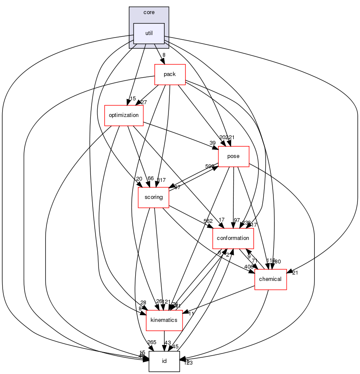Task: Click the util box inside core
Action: click(149, 33)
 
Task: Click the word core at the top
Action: click(149, 12)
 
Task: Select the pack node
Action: click(169, 74)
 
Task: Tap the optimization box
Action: click(124, 115)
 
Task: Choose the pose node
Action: click(233, 156)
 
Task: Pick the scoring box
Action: click(154, 197)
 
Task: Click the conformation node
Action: click(233, 238)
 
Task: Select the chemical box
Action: click(270, 279)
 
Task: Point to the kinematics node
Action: click(164, 320)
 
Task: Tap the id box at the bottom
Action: click(164, 361)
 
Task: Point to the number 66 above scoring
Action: click(151, 178)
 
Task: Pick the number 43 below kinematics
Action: click(168, 343)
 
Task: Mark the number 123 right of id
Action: click(189, 363)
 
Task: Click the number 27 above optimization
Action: click(144, 102)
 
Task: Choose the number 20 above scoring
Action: click(139, 178)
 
